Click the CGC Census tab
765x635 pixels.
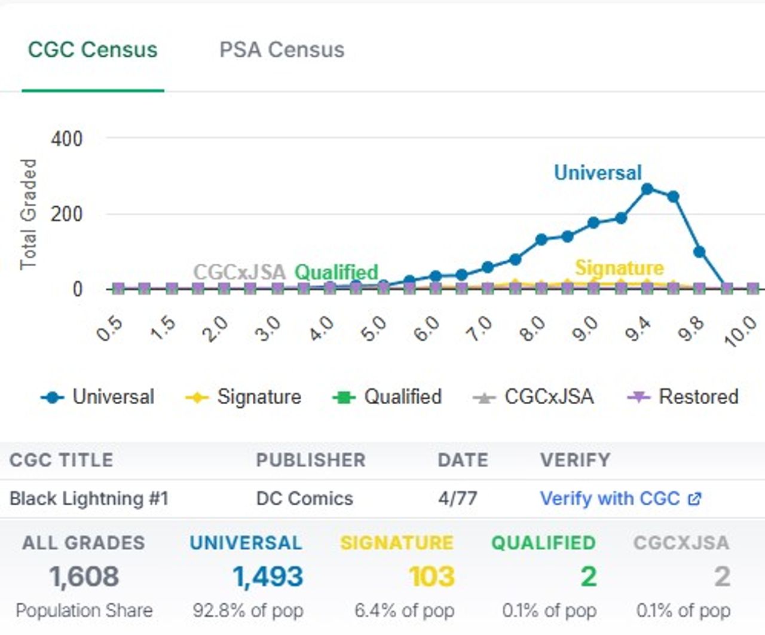(x=93, y=50)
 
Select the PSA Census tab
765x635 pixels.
(x=281, y=50)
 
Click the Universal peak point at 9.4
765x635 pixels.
(x=647, y=189)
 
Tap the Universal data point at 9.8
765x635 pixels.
(x=699, y=252)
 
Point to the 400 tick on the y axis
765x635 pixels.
(x=67, y=139)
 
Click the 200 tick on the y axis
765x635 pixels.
(x=67, y=214)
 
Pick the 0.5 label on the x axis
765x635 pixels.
(x=109, y=329)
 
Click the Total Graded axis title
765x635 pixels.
(x=28, y=214)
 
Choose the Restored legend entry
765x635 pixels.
(x=683, y=396)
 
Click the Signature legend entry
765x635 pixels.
(x=244, y=396)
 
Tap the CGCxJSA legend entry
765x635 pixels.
(x=534, y=396)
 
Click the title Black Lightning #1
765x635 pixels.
(x=89, y=498)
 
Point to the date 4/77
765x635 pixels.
(x=457, y=498)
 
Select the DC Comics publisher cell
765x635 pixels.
(x=304, y=498)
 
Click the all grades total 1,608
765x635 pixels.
(x=84, y=576)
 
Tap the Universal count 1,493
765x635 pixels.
(x=268, y=576)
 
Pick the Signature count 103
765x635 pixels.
(x=432, y=576)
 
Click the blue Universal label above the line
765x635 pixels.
(x=598, y=172)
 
